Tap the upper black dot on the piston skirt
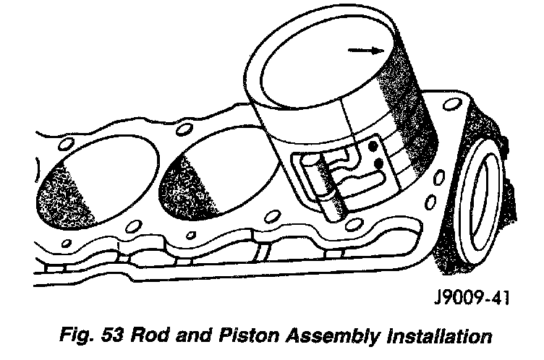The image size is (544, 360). coord(373,146)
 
